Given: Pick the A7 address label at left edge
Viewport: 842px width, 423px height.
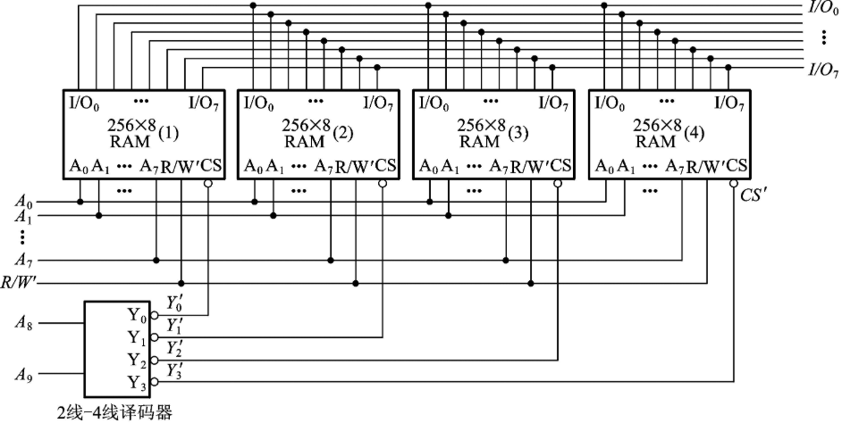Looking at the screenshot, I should [x=24, y=260].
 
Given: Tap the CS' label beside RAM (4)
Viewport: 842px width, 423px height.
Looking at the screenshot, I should [x=754, y=193].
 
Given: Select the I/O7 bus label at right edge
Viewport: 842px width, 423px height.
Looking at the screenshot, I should [x=822, y=69].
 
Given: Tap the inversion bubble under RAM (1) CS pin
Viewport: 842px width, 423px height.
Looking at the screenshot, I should [x=208, y=185].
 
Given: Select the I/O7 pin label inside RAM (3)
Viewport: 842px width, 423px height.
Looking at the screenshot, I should [x=553, y=102].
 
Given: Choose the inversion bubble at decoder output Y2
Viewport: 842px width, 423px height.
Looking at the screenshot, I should [x=154, y=360].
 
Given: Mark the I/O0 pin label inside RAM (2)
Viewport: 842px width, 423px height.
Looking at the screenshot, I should [x=260, y=102].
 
